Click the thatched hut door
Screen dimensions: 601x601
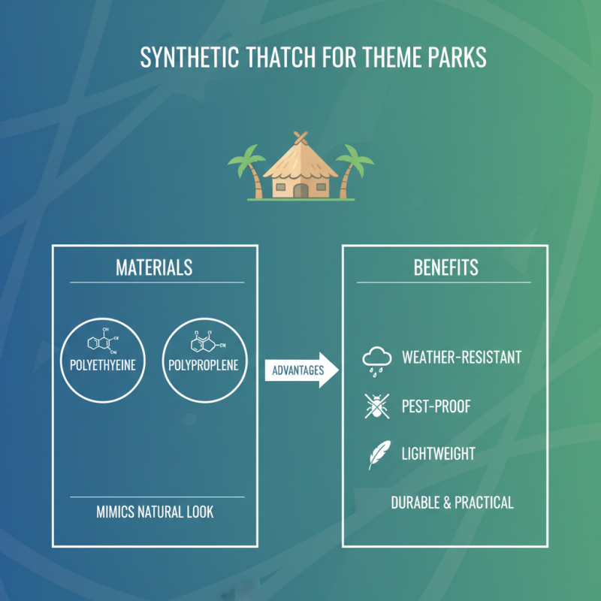pos(300,190)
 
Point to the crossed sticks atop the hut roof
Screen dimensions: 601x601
pos(300,137)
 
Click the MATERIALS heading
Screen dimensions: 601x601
pos(154,267)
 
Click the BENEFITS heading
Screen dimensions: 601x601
pos(445,267)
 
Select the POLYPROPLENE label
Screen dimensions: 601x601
pos(201,367)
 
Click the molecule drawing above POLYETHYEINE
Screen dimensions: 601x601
pos(101,341)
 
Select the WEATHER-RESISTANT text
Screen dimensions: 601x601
pos(461,357)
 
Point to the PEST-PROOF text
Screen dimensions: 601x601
pos(436,406)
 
